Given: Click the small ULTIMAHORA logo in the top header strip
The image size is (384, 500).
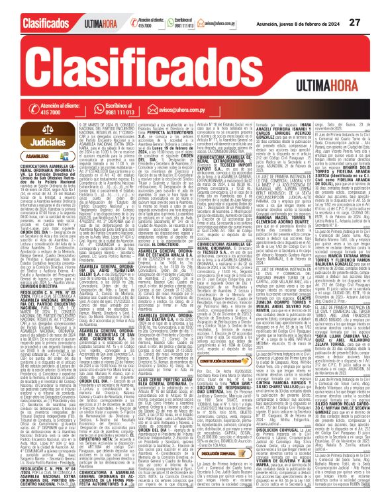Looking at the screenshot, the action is coord(83,24).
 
